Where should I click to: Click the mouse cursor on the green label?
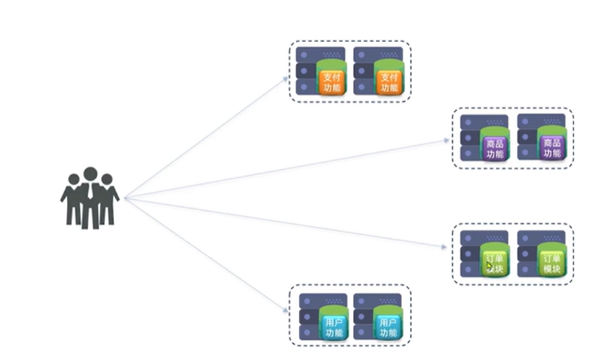click(491, 265)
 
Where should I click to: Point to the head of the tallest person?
click(90, 174)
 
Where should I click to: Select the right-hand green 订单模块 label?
click(552, 263)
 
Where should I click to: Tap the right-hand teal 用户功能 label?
click(388, 328)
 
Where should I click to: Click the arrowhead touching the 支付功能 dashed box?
click(285, 78)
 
